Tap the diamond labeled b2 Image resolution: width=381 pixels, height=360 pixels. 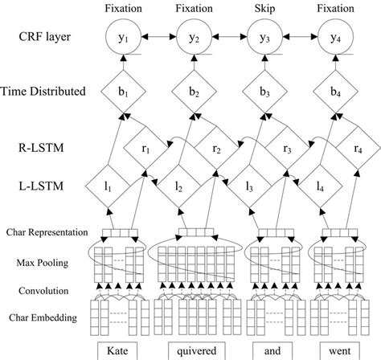coord(193,92)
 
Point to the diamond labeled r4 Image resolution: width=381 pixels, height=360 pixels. coord(358,149)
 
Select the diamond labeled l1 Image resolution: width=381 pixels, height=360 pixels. coord(107,186)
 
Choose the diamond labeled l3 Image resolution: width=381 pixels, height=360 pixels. coord(249,186)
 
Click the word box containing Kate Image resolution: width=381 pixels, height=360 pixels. coord(120,351)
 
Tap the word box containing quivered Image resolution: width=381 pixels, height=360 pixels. coord(193,351)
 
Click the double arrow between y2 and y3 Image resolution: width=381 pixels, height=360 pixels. coord(230,38)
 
